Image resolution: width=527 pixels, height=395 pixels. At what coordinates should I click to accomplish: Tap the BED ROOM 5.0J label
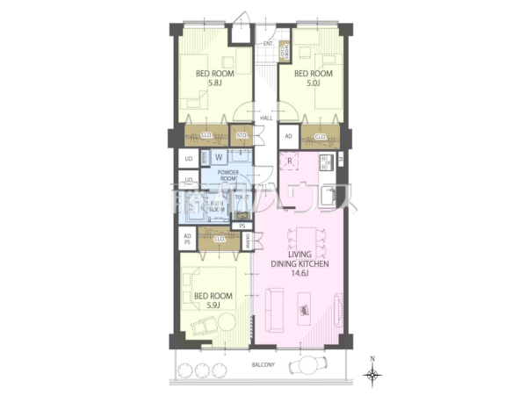click(312, 79)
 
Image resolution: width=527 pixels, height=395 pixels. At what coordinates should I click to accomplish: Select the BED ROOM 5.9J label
click(213, 301)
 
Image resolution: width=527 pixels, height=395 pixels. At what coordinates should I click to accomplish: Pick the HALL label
click(265, 118)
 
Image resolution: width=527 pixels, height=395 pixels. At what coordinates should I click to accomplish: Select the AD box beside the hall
click(288, 137)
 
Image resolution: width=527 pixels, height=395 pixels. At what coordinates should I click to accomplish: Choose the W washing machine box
click(218, 157)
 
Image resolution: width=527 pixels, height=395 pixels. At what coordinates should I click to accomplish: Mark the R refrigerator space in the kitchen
click(290, 161)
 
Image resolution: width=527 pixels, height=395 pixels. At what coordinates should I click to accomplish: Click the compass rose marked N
click(374, 374)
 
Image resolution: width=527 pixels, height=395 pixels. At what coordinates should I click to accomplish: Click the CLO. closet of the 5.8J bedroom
click(206, 135)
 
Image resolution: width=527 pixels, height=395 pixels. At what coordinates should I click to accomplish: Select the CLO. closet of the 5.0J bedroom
click(321, 136)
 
